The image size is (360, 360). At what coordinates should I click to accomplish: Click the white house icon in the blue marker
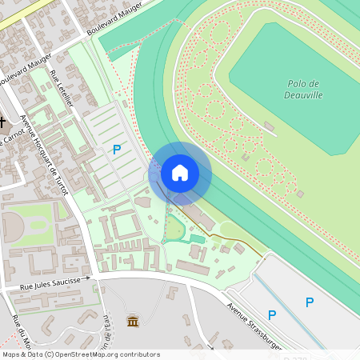[x=180, y=172]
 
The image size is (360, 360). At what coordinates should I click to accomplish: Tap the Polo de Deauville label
[x=303, y=89]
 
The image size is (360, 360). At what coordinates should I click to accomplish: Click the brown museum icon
[x=133, y=322]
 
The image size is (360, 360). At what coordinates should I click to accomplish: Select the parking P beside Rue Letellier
[x=117, y=149]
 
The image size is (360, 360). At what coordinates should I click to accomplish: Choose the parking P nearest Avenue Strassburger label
[x=272, y=315]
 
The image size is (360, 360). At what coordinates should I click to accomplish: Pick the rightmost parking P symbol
[x=310, y=302]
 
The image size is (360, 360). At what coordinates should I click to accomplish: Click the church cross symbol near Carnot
[x=3, y=122]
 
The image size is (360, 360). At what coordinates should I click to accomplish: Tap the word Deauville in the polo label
[x=303, y=94]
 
